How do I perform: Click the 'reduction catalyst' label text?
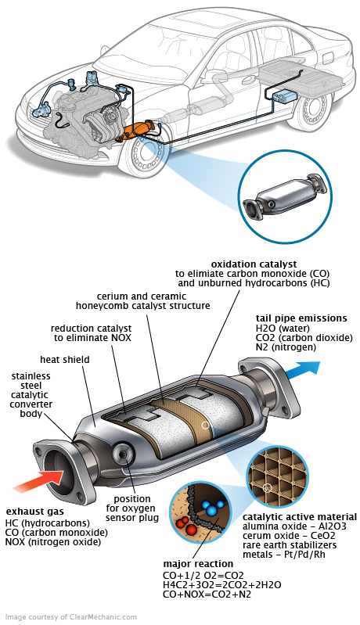(92, 329)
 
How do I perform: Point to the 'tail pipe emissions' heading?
(302, 318)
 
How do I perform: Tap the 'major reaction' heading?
(198, 563)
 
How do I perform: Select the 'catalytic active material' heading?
(300, 517)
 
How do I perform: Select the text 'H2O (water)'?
(282, 329)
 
